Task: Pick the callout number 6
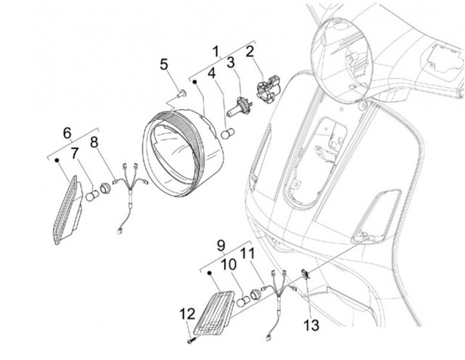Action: coord(67,134)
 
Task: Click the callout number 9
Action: coord(220,246)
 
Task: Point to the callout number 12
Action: coord(187,314)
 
